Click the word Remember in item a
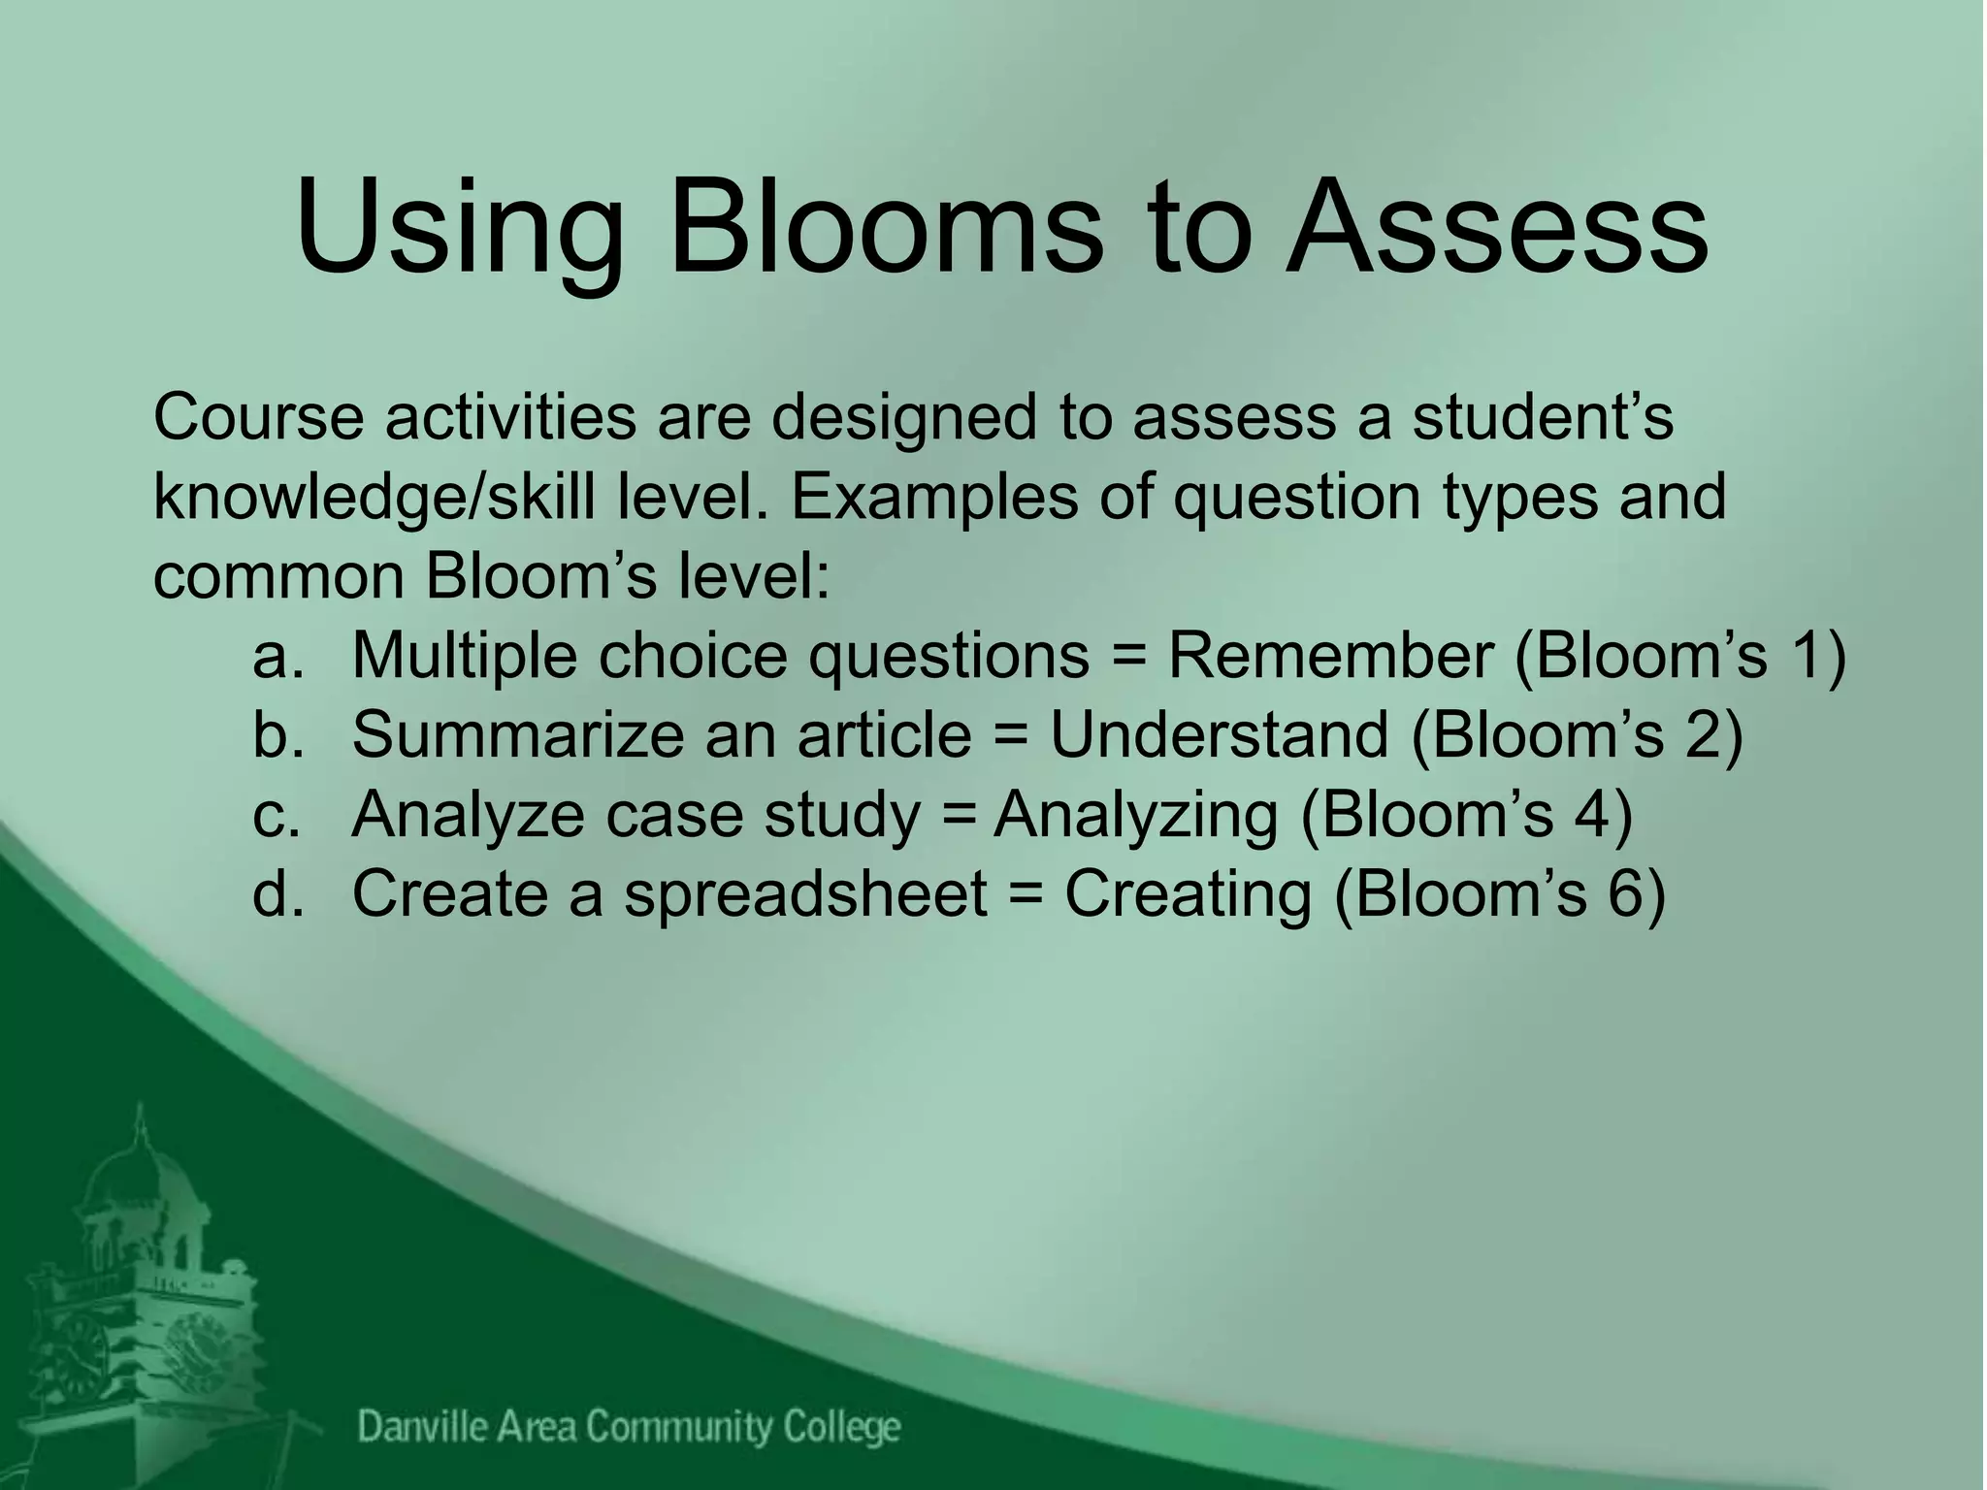click(x=1330, y=656)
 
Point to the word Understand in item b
click(x=1219, y=734)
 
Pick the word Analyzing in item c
click(x=1135, y=815)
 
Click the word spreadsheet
click(x=804, y=893)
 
